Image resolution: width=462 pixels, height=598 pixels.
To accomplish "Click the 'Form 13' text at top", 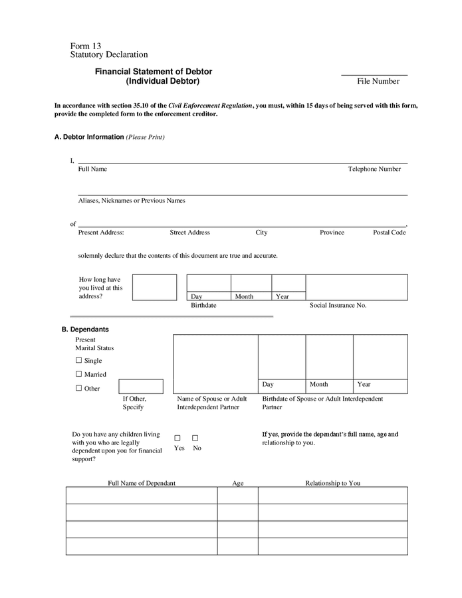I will [x=86, y=46].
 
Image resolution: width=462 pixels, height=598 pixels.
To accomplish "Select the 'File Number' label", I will [x=378, y=81].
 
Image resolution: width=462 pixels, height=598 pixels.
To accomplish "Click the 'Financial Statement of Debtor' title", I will [x=154, y=71].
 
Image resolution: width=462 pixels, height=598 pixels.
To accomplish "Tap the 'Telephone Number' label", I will [x=374, y=169].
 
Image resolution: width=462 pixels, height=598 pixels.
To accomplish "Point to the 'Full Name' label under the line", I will [x=92, y=169].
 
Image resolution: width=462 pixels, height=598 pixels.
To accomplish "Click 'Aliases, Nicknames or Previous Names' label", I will [x=132, y=200].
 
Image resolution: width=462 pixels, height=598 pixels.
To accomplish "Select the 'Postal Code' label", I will [x=389, y=233].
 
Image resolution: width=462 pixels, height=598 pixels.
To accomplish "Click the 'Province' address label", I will [x=332, y=233].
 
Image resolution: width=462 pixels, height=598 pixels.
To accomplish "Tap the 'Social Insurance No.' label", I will [x=338, y=305].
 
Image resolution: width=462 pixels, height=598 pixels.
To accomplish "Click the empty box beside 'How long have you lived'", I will [x=154, y=287].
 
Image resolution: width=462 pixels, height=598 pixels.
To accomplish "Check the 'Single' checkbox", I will [x=78, y=360].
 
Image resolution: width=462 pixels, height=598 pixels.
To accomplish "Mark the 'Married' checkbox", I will [x=78, y=374].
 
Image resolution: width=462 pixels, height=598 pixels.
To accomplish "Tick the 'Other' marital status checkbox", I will [x=78, y=388].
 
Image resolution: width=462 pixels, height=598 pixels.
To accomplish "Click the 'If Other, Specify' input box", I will [x=141, y=386].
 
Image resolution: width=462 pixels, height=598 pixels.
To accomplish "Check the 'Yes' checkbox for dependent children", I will [x=177, y=438].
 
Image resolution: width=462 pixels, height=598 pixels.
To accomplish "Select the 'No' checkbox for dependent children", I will [x=195, y=438].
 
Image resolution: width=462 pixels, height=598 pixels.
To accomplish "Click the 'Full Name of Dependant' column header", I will [x=142, y=483].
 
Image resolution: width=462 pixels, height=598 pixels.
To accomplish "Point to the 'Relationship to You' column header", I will [x=332, y=483].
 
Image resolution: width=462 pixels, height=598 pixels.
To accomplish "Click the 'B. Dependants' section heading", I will [x=85, y=329].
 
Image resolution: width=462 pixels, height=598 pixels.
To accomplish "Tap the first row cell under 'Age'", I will [x=237, y=495].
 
